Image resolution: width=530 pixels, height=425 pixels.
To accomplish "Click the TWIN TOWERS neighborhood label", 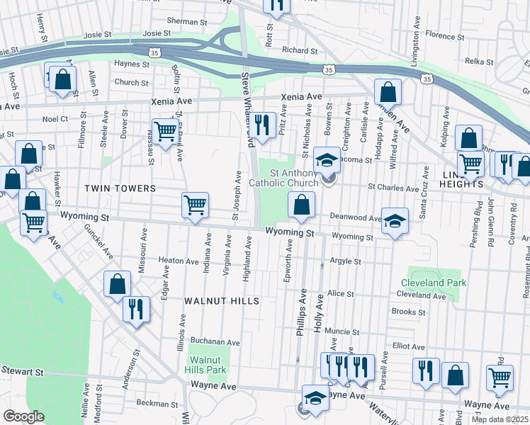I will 120,188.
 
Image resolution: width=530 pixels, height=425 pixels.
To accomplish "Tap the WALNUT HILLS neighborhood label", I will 221,301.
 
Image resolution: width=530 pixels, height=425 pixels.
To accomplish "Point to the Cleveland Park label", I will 433,283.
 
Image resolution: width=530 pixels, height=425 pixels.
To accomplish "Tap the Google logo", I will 23,416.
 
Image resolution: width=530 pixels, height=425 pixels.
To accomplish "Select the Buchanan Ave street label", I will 215,342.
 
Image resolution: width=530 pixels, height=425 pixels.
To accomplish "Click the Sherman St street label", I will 187,22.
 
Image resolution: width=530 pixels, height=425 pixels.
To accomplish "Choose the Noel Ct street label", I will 55,119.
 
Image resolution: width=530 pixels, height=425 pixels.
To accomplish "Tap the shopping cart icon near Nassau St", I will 164,131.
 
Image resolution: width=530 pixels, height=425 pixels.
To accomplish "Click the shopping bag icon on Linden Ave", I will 388,92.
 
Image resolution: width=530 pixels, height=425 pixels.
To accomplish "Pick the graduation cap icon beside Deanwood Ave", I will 395,221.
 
